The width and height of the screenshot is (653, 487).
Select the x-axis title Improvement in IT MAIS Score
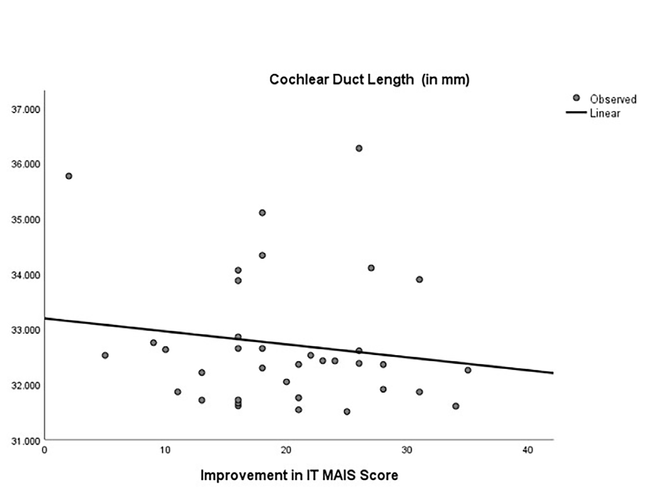pyautogui.click(x=298, y=476)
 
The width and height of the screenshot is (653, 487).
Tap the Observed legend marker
pyautogui.click(x=577, y=99)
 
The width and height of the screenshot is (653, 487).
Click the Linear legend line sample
pyautogui.click(x=577, y=113)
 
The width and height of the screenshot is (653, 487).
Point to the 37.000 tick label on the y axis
pyautogui.click(x=26, y=109)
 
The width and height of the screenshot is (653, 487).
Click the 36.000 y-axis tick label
pyautogui.click(x=26, y=164)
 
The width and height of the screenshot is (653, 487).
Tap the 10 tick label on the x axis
pyautogui.click(x=165, y=449)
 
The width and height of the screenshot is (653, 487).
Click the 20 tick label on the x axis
pyautogui.click(x=286, y=449)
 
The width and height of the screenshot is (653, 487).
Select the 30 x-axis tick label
pyautogui.click(x=407, y=449)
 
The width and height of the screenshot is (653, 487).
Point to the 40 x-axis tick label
pyautogui.click(x=528, y=449)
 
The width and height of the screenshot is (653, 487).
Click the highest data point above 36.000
pyautogui.click(x=359, y=148)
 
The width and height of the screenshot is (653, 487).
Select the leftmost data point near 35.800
pyautogui.click(x=69, y=176)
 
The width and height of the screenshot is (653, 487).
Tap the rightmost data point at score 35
pyautogui.click(x=468, y=370)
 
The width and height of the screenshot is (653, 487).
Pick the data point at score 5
pyautogui.click(x=105, y=355)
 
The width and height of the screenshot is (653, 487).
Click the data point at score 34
pyautogui.click(x=455, y=406)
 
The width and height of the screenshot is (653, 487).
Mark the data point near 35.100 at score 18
pyautogui.click(x=262, y=213)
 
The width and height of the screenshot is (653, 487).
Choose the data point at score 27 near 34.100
pyautogui.click(x=371, y=268)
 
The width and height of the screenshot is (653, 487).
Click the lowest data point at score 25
pyautogui.click(x=347, y=411)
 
